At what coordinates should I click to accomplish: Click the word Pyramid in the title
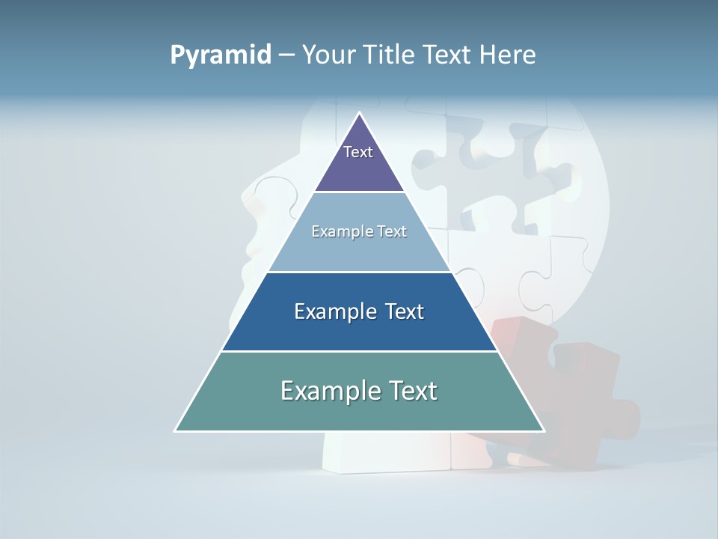click(x=221, y=55)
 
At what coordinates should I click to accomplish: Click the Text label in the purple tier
click(x=358, y=152)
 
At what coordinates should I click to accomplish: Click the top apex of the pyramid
click(x=359, y=114)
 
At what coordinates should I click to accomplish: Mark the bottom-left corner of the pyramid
click(x=176, y=430)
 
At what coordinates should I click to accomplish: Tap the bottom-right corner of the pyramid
click(x=543, y=430)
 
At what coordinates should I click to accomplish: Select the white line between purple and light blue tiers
click(x=359, y=192)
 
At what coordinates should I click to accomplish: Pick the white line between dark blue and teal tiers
click(x=359, y=351)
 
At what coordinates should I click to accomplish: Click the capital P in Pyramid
click(x=177, y=55)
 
